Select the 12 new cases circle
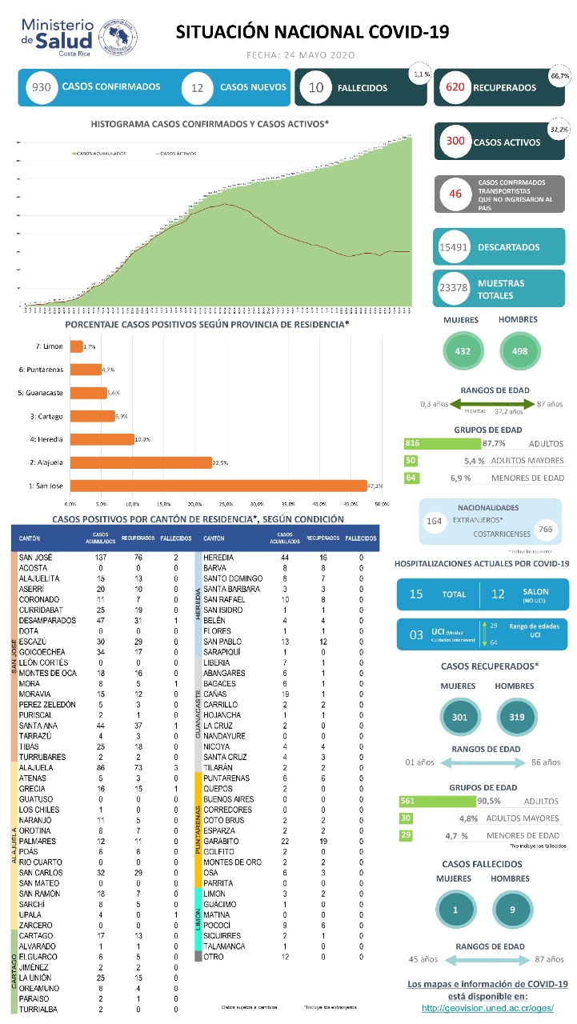point(197,87)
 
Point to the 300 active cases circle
point(455,142)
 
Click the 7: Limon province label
point(49,346)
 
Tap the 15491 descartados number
point(454,247)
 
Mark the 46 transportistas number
point(456,194)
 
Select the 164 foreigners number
point(435,521)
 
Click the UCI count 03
point(416,635)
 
